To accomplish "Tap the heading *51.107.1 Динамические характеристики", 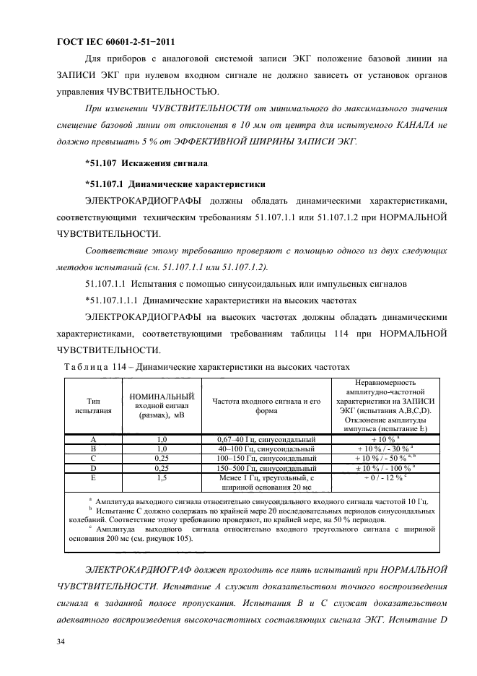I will click(x=171, y=183).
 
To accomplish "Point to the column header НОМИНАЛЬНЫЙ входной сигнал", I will click(x=162, y=406).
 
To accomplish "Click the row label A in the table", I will click(x=92, y=438).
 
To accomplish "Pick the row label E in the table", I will click(x=92, y=477).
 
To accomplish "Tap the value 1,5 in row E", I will click(x=162, y=477).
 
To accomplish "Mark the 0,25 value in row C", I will click(x=162, y=457).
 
